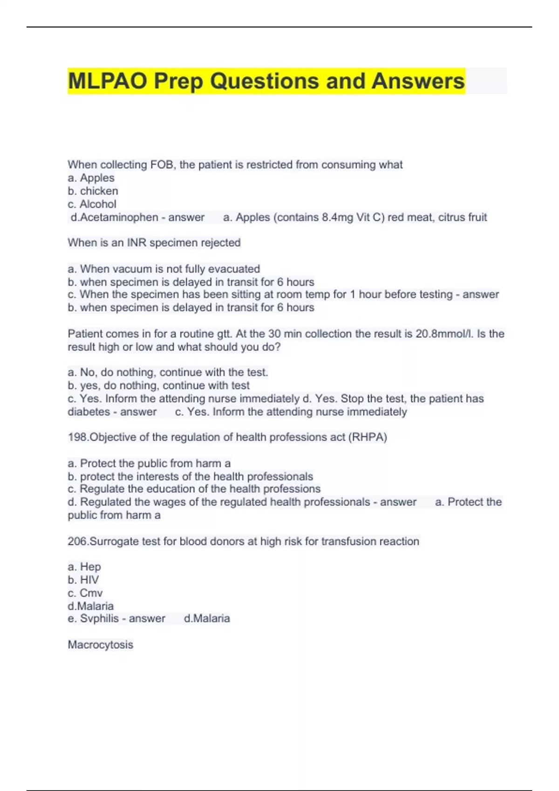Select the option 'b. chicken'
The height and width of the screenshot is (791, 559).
coord(93,191)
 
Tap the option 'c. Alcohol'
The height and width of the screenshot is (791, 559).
coord(92,204)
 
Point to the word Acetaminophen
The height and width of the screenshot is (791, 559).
coord(119,217)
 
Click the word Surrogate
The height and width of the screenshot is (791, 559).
coord(112,542)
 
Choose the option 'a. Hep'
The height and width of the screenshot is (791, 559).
coord(84,567)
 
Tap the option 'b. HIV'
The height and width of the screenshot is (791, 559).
coord(83,580)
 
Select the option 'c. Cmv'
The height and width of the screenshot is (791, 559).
coord(85,593)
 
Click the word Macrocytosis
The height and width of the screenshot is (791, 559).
coord(101,645)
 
